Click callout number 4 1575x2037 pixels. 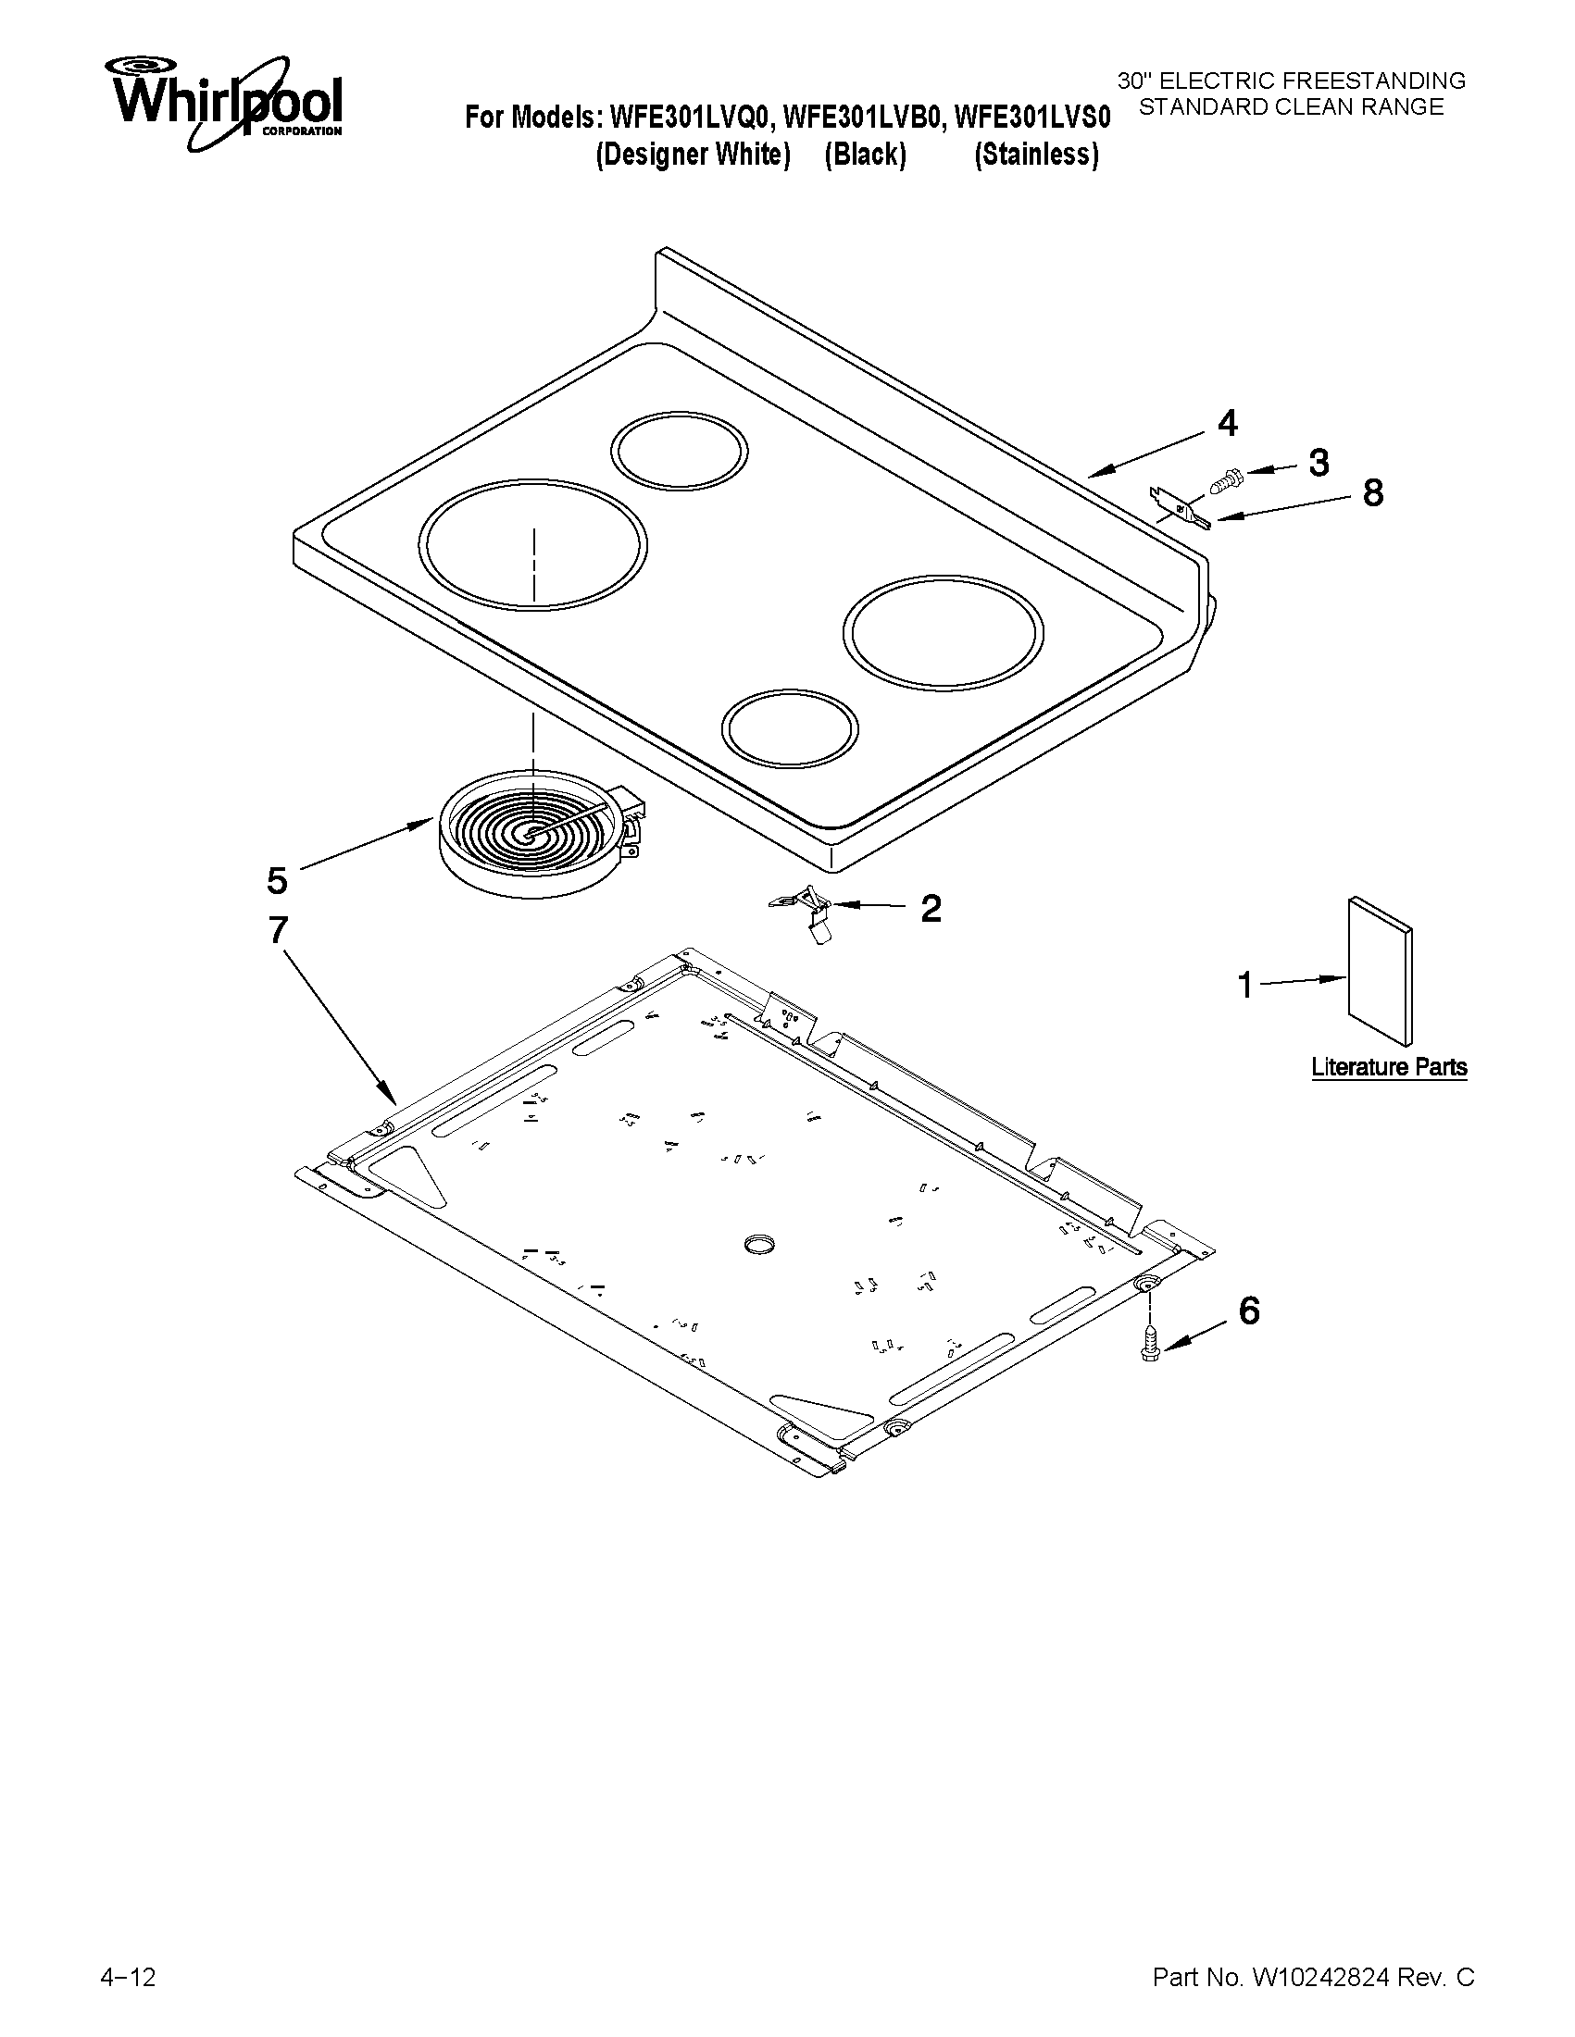pos(1227,424)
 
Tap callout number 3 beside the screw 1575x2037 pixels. pos(1318,463)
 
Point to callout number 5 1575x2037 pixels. pos(277,879)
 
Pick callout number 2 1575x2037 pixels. pos(931,908)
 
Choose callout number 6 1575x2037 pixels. pos(1248,1311)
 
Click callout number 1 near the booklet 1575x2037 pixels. pos(1244,985)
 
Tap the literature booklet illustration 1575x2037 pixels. pos(1379,971)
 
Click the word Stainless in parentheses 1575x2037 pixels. pos(1036,154)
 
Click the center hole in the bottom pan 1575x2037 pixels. pos(760,1243)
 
